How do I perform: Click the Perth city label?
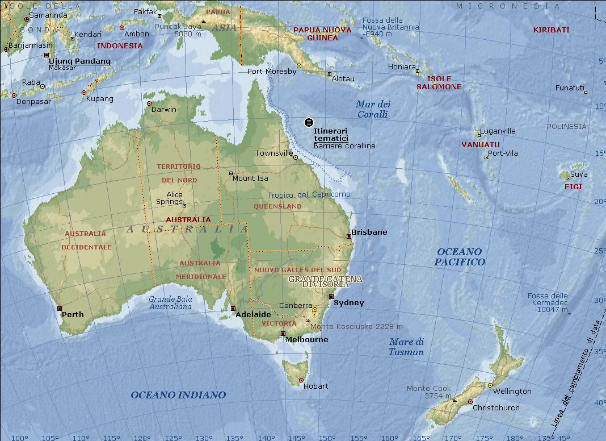(73, 314)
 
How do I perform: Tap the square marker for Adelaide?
(233, 309)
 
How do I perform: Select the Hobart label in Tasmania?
(315, 386)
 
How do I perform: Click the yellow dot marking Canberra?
(314, 310)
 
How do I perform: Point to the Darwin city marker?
(149, 103)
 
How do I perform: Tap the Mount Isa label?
(250, 178)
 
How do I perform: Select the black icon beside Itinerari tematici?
(309, 122)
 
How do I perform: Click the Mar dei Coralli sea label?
(373, 109)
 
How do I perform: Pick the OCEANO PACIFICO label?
(460, 257)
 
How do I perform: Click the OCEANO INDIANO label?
(178, 395)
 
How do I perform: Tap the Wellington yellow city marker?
(490, 385)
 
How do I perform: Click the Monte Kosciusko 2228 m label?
(356, 327)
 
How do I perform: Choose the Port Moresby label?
(272, 72)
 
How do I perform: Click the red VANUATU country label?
(480, 144)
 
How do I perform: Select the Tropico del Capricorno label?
(309, 194)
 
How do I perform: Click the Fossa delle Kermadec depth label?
(548, 302)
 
